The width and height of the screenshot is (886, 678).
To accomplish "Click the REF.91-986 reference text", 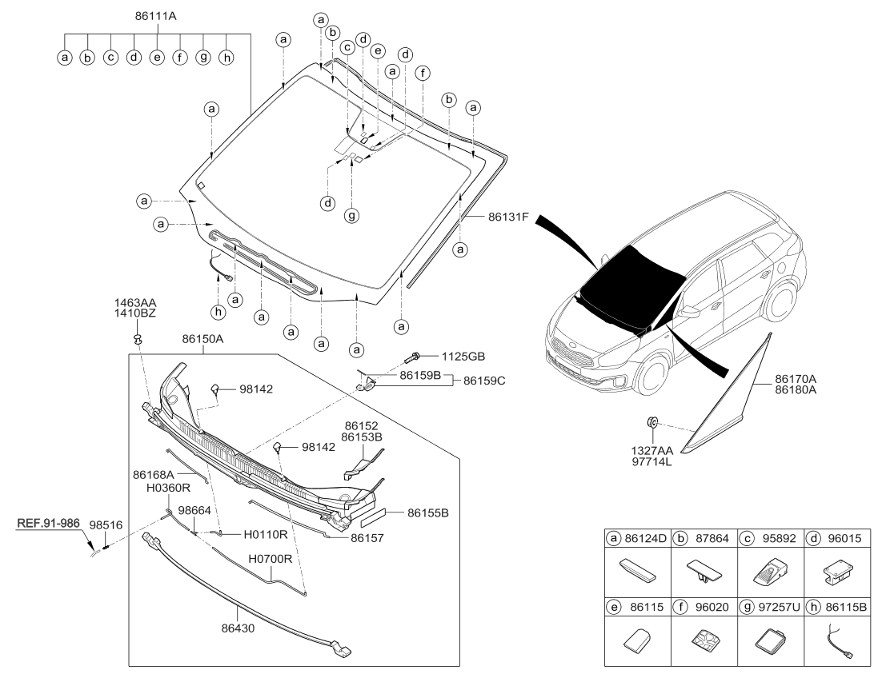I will pos(47,524).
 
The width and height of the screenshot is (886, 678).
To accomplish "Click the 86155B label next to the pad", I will pos(428,512).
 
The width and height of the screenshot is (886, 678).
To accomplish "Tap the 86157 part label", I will pos(367,539).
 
